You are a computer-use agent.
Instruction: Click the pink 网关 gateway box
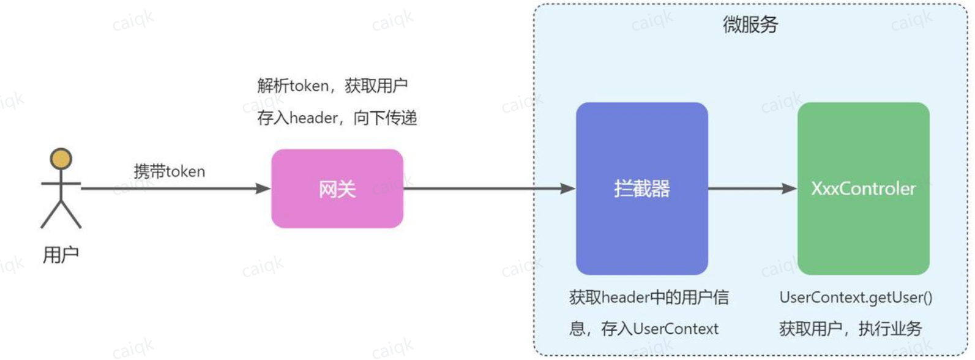pos(337,189)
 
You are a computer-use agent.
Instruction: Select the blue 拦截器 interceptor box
pos(642,189)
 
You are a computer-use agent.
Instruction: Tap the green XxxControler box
pos(864,189)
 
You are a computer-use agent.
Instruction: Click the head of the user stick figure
pos(61,159)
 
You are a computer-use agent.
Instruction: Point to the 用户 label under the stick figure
pos(61,255)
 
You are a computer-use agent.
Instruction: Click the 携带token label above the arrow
pos(170,171)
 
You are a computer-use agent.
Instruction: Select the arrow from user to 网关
pos(176,189)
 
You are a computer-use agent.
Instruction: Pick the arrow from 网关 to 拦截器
pos(490,189)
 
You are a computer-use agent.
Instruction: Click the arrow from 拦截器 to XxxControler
pos(753,189)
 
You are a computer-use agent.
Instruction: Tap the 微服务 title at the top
pos(750,24)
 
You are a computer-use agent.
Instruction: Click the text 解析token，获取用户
pos(332,86)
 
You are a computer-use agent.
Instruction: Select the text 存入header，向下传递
pos(337,118)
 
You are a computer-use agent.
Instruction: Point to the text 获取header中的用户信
pos(649,298)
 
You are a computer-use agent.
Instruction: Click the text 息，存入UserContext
pos(644,329)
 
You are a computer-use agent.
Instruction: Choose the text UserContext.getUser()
pos(856,298)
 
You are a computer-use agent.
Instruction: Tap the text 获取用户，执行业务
pos(851,329)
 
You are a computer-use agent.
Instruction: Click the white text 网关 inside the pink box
pos(337,189)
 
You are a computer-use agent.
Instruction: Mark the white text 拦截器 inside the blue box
pos(642,189)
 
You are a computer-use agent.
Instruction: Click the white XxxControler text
pos(864,189)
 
